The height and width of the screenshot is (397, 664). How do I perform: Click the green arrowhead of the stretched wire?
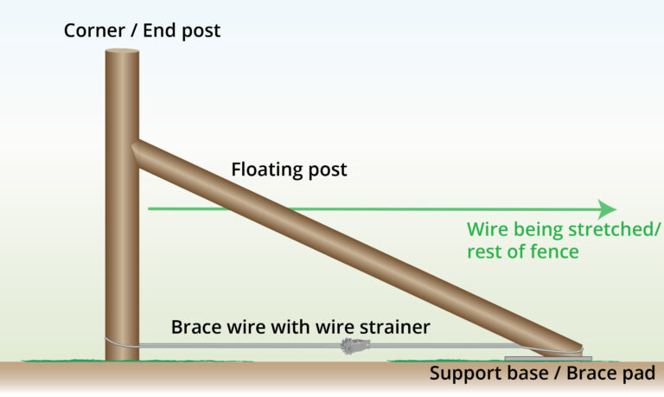point(608,209)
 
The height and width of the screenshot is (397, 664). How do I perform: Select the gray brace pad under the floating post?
point(546,356)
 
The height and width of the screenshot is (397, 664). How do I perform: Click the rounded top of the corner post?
point(123,53)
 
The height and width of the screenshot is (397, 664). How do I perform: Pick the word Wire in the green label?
point(487,230)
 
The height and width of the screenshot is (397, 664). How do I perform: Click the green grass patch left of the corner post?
point(61,358)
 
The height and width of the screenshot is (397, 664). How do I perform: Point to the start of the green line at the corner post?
point(150,208)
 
